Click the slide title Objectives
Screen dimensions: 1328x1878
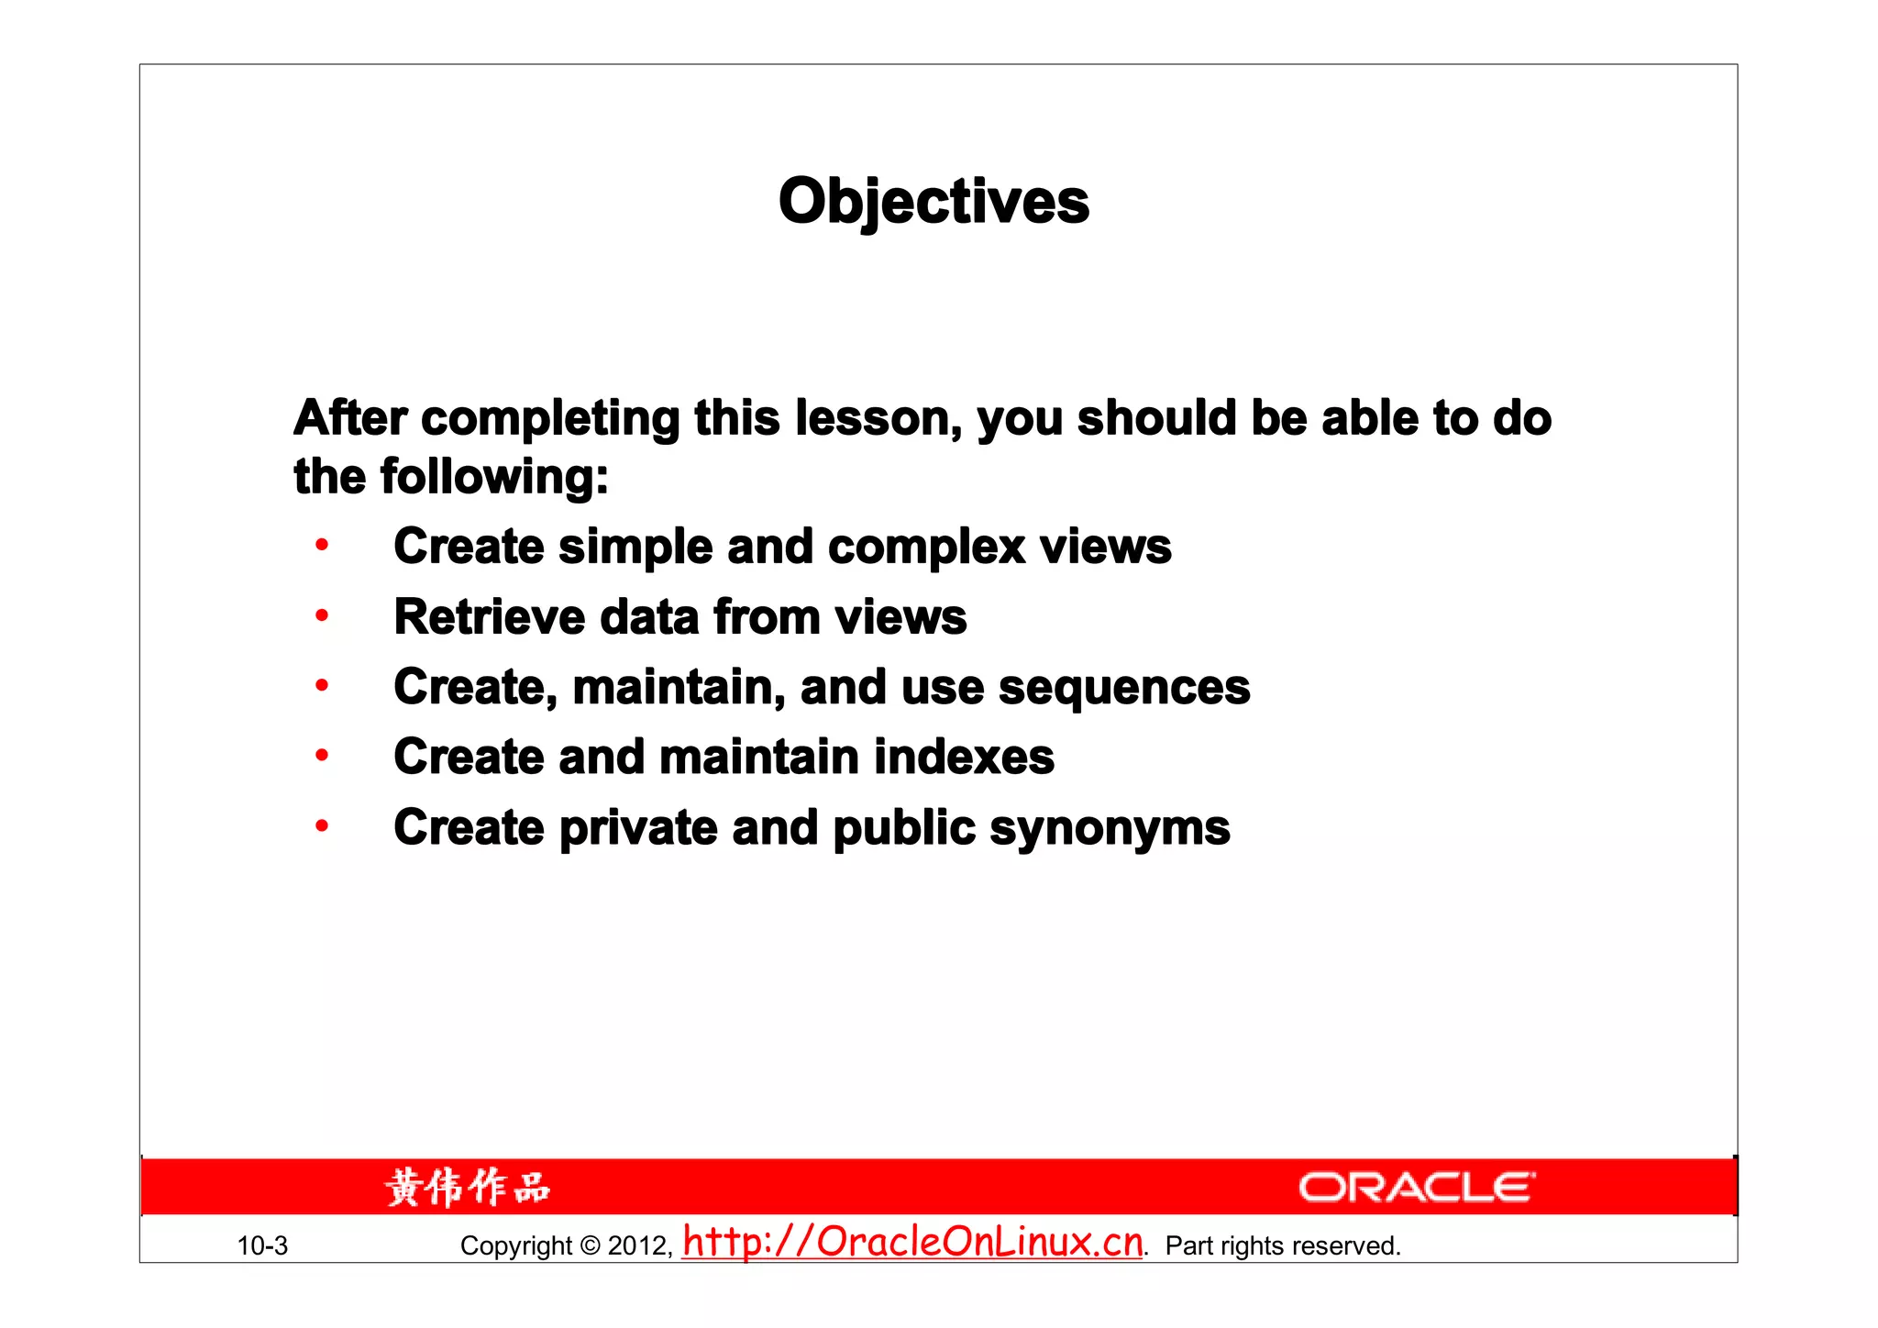pos(933,201)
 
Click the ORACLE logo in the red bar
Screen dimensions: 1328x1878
pos(1416,1187)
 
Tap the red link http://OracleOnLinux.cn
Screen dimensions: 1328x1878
pos(913,1243)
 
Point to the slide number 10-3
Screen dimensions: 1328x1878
pos(262,1245)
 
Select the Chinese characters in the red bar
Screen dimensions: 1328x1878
pos(467,1188)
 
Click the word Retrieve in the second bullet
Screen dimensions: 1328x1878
pos(489,616)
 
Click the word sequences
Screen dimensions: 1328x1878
pos(1123,687)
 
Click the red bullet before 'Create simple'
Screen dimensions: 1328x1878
pos(322,546)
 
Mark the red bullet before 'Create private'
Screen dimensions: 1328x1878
pos(322,826)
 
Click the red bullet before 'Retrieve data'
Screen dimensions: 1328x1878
pos(322,615)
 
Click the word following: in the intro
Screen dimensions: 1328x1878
pos(494,477)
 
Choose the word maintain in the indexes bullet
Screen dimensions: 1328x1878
pos(758,758)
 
